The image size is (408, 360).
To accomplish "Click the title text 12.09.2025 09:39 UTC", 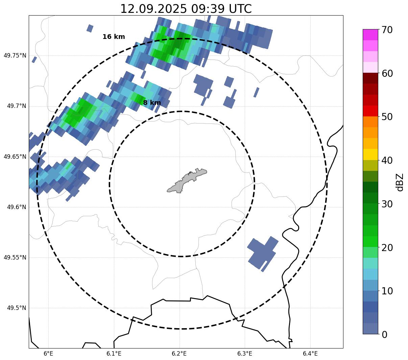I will pos(186,9).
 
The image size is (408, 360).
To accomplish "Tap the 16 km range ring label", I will pos(114,37).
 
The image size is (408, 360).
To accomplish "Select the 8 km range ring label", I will pos(152,103).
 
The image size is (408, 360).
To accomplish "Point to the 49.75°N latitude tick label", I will pos(15,55).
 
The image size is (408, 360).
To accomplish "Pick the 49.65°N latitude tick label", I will pos(15,157).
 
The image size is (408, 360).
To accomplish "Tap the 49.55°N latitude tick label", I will pos(15,257).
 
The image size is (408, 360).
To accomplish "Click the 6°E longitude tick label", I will pos(49,354).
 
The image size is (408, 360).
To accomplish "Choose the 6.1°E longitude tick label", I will pos(114,354).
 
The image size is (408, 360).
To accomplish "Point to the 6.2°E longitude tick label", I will pos(179,354).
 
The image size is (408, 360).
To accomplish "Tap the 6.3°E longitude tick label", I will pos(245,354).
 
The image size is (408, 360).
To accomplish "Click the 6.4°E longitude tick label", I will pos(310,354).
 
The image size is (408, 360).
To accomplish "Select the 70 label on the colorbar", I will pos(387,30).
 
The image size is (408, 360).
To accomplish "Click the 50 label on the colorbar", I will pos(387,117).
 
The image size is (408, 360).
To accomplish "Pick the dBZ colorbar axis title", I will pos(400,182).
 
